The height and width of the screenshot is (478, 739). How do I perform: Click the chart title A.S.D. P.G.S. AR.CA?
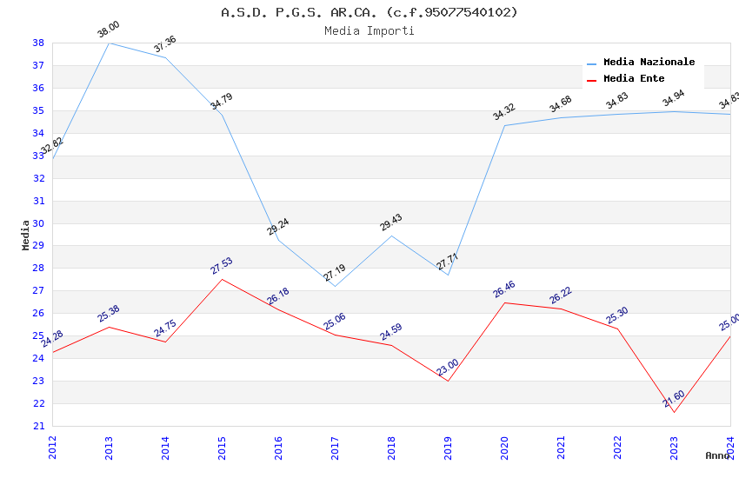click(369, 12)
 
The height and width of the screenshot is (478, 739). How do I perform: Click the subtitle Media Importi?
click(369, 31)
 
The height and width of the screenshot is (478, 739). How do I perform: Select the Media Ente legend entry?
click(634, 79)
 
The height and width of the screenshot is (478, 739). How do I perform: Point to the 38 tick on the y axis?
click(38, 43)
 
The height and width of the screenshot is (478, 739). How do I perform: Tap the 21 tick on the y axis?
click(38, 426)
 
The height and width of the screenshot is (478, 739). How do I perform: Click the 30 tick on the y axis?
click(38, 223)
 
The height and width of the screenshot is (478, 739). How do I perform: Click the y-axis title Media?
click(25, 235)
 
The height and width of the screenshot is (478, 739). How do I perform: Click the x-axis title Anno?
click(717, 455)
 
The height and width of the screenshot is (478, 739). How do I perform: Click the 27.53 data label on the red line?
click(222, 266)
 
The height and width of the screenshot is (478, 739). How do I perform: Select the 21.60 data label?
click(674, 399)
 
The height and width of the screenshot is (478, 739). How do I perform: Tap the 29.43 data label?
click(391, 222)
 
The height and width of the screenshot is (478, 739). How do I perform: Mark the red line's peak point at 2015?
click(222, 279)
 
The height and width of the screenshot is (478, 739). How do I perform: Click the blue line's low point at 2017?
click(335, 286)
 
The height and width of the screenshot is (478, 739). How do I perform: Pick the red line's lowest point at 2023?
click(674, 412)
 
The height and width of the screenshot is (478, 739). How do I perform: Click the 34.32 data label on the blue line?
click(504, 112)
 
